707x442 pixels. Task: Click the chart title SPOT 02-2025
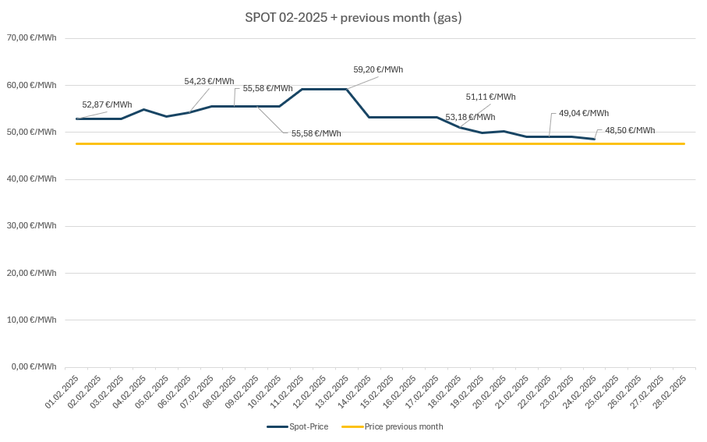tap(353, 17)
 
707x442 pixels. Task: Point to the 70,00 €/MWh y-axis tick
tap(32, 38)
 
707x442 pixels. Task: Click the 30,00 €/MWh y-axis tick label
tap(32, 225)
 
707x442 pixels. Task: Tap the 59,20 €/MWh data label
tap(378, 69)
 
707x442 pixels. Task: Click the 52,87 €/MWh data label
tap(107, 104)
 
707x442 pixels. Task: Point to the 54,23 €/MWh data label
tap(209, 81)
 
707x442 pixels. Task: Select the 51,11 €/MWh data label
tap(490, 97)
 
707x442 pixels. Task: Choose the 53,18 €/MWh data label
tap(470, 117)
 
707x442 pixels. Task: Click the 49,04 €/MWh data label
tap(584, 113)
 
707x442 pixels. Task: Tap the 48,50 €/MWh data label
tap(630, 130)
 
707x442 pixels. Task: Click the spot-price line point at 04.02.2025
tap(144, 109)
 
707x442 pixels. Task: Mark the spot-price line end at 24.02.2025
tap(595, 139)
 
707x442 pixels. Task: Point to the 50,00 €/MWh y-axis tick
tap(32, 132)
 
